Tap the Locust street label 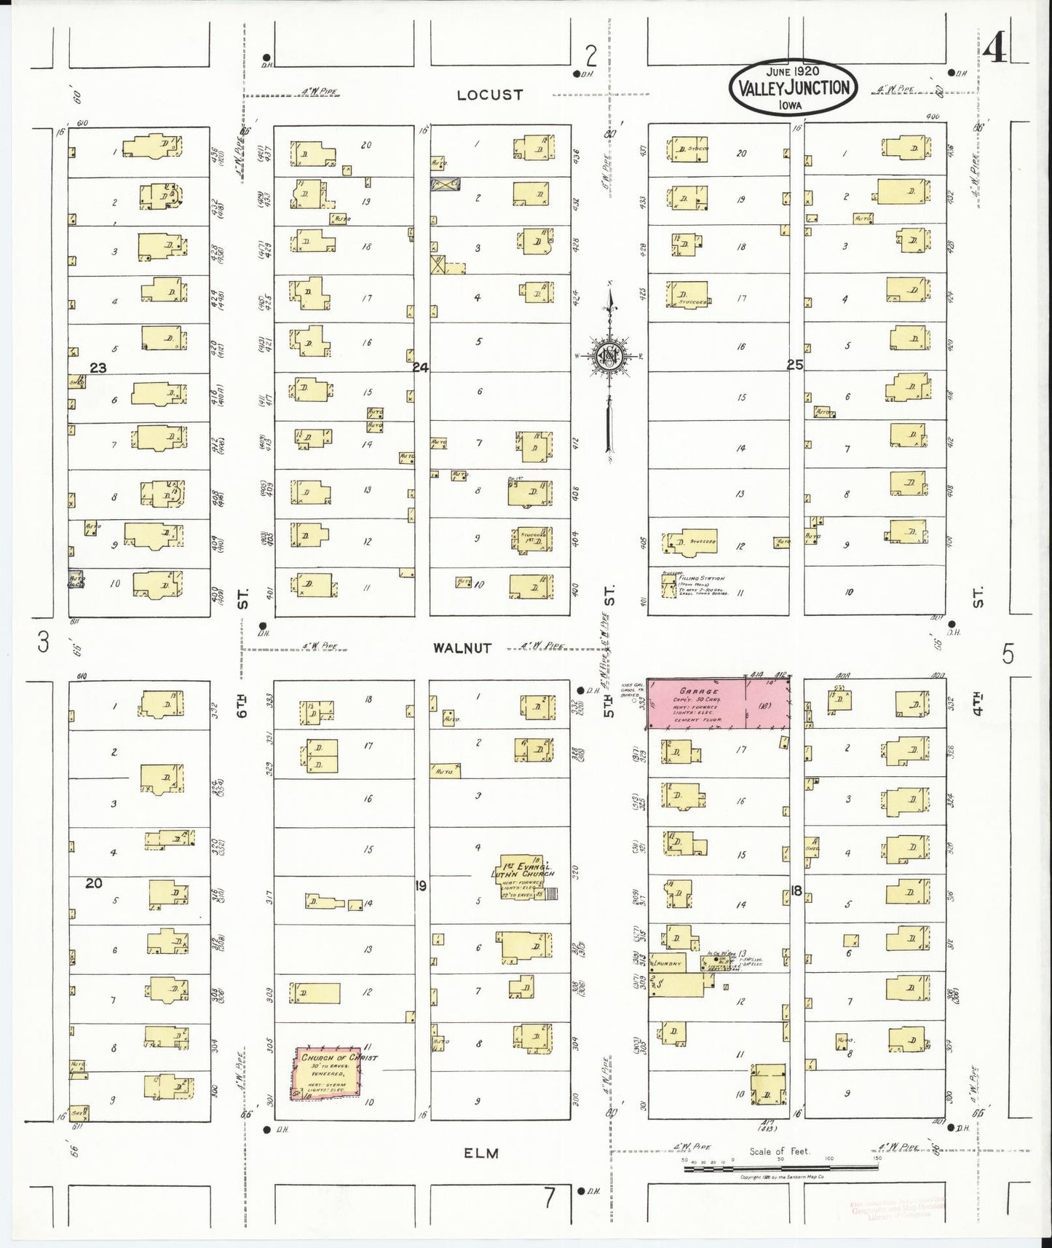[490, 95]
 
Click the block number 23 [98, 368]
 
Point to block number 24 [421, 368]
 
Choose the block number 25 [794, 366]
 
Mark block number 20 [93, 883]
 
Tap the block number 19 [420, 886]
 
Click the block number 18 [796, 890]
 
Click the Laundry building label [668, 963]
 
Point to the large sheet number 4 [994, 50]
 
